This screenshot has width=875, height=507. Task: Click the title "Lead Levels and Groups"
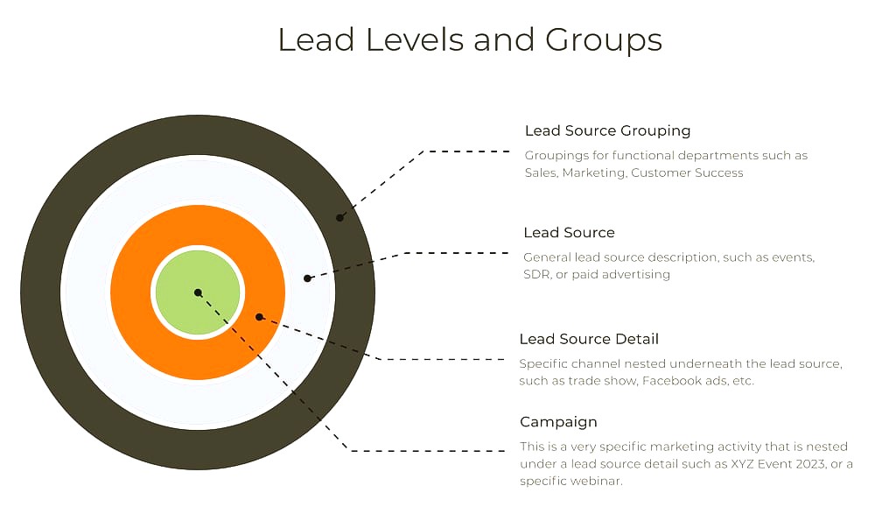(470, 40)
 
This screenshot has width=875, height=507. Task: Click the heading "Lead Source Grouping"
(608, 131)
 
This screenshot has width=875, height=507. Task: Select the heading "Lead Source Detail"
(589, 339)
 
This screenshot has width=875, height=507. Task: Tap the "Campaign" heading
(558, 422)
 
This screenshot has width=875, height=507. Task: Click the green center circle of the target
(198, 292)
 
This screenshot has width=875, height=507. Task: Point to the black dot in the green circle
(198, 292)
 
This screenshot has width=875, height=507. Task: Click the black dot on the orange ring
(259, 317)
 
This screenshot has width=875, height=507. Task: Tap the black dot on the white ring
(307, 278)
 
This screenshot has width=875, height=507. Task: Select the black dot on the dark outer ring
(339, 217)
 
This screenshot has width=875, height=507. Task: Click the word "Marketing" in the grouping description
(594, 173)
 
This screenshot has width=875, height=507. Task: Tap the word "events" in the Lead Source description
(793, 258)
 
